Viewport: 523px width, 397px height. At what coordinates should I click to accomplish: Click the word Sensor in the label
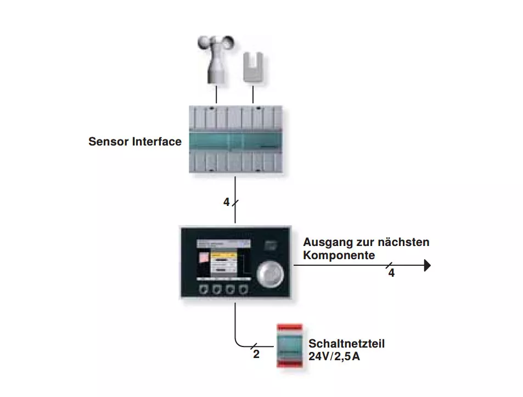pyautogui.click(x=109, y=142)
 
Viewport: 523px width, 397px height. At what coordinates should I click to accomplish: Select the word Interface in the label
pyautogui.click(x=157, y=142)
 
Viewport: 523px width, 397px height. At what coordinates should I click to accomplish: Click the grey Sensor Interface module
pyautogui.click(x=235, y=139)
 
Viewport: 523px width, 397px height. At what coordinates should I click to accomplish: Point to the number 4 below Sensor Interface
pyautogui.click(x=227, y=202)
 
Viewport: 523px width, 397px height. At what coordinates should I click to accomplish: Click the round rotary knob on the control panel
pyautogui.click(x=270, y=274)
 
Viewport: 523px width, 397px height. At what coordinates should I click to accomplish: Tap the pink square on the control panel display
pyautogui.click(x=204, y=258)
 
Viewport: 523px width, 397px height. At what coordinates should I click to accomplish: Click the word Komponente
pyautogui.click(x=339, y=255)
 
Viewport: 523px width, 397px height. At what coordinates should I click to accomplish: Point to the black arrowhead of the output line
pyautogui.click(x=428, y=266)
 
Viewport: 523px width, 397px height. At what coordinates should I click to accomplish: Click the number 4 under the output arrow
pyautogui.click(x=391, y=273)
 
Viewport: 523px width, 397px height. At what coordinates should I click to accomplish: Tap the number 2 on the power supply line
pyautogui.click(x=256, y=354)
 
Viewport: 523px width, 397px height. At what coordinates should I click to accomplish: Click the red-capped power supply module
pyautogui.click(x=290, y=345)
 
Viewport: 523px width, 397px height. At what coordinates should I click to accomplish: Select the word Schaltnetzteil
pyautogui.click(x=346, y=344)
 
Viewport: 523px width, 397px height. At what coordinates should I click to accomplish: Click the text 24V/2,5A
pyautogui.click(x=334, y=356)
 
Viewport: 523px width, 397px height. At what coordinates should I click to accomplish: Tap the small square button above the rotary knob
pyautogui.click(x=271, y=246)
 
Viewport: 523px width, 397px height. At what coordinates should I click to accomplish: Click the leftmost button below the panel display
pyautogui.click(x=204, y=289)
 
